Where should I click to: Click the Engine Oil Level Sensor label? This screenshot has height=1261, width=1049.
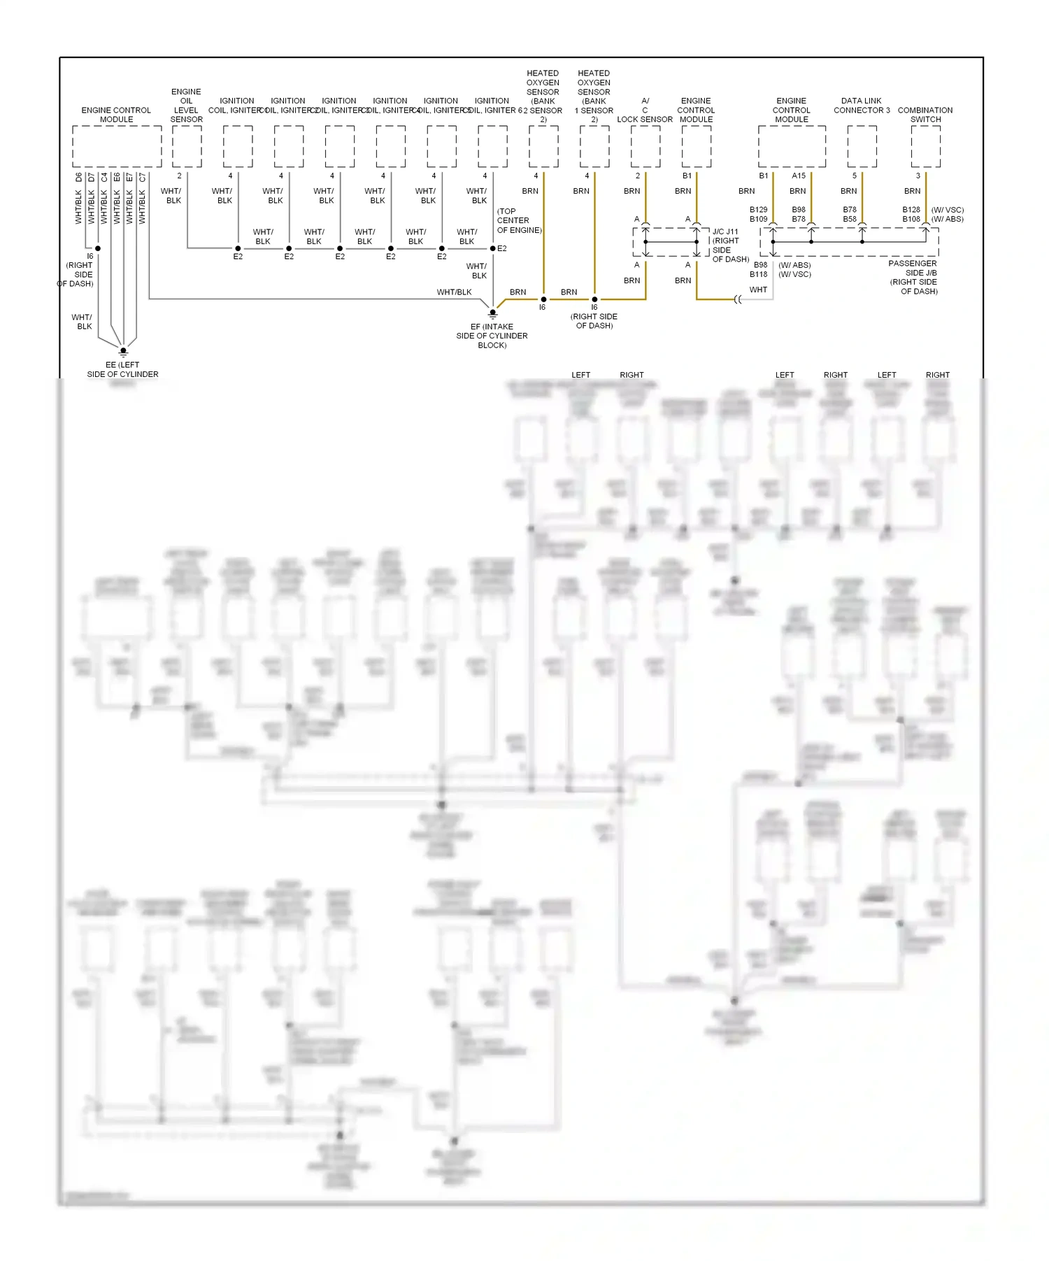(186, 106)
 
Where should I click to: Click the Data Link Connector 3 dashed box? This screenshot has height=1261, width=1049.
(862, 146)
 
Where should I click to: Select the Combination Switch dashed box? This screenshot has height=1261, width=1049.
(925, 146)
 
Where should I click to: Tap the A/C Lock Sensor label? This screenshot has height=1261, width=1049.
(645, 110)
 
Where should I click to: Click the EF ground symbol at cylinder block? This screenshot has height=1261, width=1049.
(492, 313)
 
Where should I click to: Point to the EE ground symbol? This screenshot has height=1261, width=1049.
(123, 351)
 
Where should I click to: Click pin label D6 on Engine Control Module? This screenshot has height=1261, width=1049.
(79, 178)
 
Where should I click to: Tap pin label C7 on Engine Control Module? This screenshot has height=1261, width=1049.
(142, 178)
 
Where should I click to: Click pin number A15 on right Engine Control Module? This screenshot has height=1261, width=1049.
(799, 176)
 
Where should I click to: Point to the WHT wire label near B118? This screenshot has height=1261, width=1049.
(758, 290)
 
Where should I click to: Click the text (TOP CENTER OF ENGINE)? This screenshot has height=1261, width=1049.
(518, 220)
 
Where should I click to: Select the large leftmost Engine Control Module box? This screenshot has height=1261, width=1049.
(117, 146)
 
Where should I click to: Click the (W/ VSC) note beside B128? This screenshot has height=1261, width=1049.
(948, 210)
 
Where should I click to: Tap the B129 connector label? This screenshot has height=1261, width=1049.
(758, 210)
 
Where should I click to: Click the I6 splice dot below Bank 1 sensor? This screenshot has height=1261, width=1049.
(594, 299)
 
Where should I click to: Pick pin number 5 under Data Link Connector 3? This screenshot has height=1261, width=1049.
(854, 176)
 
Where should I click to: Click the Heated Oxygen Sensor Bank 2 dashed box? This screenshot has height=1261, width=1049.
(543, 146)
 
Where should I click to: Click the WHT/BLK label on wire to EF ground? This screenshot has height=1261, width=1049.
(454, 292)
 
